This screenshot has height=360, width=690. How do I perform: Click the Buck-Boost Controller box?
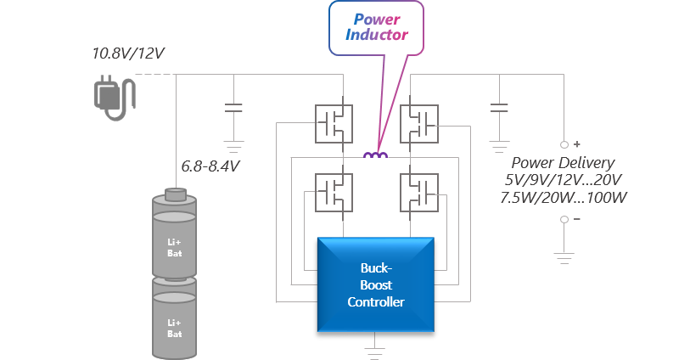coord(376,284)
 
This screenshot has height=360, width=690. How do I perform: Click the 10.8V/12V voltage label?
coord(127,53)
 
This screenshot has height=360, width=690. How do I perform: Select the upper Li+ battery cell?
coord(173,235)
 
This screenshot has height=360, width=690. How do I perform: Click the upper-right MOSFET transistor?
coord(419,124)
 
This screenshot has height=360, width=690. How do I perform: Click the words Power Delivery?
coord(563,162)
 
